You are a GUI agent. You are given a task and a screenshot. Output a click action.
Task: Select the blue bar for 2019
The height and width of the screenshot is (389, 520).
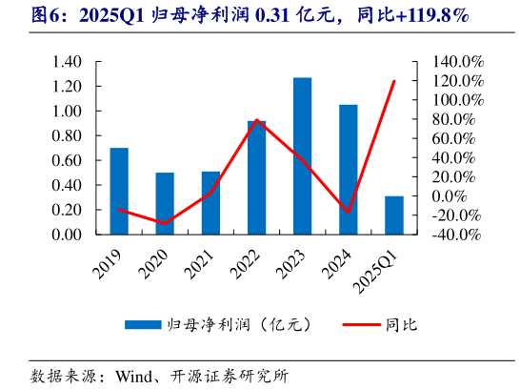[119, 191]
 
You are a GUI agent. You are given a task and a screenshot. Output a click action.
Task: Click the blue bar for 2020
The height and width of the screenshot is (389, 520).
[165, 203]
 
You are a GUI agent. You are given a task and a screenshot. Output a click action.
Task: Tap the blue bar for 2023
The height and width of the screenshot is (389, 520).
[302, 155]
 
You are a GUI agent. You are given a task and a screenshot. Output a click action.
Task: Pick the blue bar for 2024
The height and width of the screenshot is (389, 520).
[349, 169]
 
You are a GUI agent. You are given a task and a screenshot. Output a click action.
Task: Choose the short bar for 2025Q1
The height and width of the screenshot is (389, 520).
[394, 215]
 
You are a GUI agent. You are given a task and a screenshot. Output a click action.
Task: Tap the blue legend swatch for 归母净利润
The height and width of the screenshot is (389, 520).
[143, 325]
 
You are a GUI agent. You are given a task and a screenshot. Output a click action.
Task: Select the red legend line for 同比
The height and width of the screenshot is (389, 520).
[352, 325]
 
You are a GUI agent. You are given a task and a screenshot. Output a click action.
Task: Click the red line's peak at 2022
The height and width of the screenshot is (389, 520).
[257, 120]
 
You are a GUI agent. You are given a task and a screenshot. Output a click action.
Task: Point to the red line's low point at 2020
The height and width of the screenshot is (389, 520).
[165, 224]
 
